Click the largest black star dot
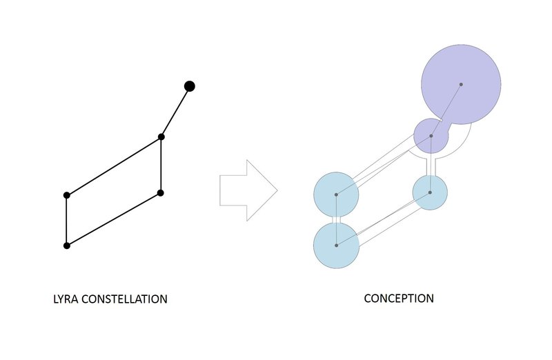[190, 86]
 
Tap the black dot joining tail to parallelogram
[161, 137]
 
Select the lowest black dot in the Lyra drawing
[67, 246]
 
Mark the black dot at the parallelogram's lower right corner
[160, 193]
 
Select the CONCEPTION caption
[399, 299]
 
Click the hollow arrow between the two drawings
[248, 190]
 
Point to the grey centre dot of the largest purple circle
[461, 85]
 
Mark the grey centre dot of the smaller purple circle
[431, 136]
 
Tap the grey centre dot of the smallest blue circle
[430, 192]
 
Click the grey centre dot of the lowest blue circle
[336, 245]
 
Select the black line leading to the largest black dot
[175, 112]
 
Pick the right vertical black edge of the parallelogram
[161, 165]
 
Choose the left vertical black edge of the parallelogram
[67, 221]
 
